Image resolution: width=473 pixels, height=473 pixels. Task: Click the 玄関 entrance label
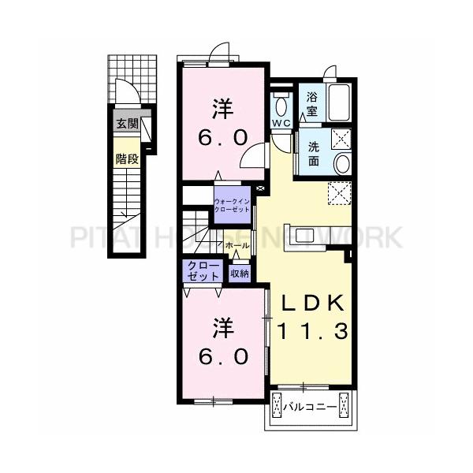127,124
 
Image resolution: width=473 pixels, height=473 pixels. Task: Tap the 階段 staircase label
127,158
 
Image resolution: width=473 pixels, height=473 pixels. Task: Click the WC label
281,124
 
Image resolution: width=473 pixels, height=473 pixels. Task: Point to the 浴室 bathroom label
312,105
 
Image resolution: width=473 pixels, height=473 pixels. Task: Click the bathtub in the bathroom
342,102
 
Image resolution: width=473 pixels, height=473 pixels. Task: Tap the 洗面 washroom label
313,154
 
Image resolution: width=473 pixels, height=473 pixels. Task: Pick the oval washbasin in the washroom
343,164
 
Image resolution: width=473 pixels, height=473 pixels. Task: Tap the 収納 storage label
240,274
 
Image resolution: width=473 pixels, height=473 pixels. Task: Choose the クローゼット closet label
204,271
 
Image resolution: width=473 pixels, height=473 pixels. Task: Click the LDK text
310,303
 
